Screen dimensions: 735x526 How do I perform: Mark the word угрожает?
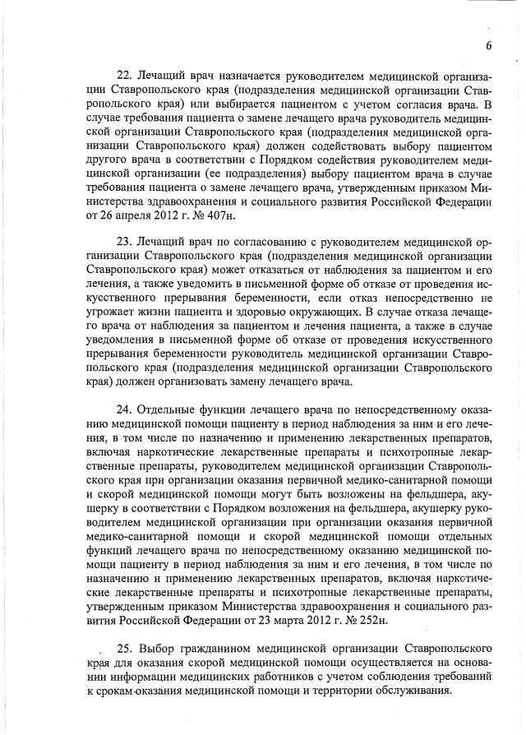coord(113,347)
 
